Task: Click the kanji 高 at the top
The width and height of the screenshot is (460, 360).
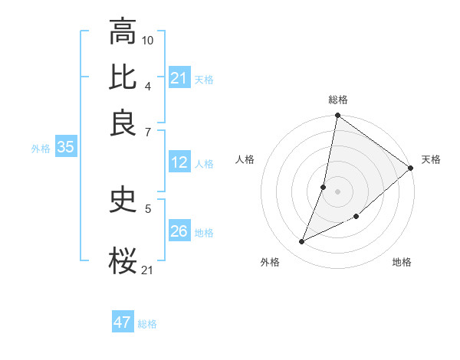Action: tap(123, 32)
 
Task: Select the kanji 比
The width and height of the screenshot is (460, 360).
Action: tap(123, 77)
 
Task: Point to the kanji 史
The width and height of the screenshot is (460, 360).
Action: tap(123, 200)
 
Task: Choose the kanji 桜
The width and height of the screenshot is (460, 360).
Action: tap(123, 260)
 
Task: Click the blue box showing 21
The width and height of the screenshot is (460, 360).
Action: tap(179, 78)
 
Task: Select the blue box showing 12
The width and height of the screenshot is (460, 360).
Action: tap(179, 162)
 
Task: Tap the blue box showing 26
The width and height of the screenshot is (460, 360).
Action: tap(179, 231)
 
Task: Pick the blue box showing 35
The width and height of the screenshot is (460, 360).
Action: tap(65, 148)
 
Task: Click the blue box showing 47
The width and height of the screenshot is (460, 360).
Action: tap(123, 322)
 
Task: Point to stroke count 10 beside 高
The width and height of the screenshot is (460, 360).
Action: tap(148, 40)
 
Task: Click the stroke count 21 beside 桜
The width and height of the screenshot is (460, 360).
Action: tap(148, 269)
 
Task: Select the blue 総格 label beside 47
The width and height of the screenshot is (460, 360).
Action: tap(147, 324)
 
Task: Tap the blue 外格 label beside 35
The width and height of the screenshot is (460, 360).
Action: tap(41, 149)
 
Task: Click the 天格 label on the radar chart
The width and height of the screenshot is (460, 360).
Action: tap(431, 159)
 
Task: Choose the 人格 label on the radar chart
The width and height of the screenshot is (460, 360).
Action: tap(245, 159)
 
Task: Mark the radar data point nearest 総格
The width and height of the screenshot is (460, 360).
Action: tap(337, 116)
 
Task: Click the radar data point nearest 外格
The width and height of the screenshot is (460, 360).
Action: tap(302, 242)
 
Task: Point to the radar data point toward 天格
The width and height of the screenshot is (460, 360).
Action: tap(411, 169)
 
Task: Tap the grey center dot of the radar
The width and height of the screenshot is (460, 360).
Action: tap(337, 191)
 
